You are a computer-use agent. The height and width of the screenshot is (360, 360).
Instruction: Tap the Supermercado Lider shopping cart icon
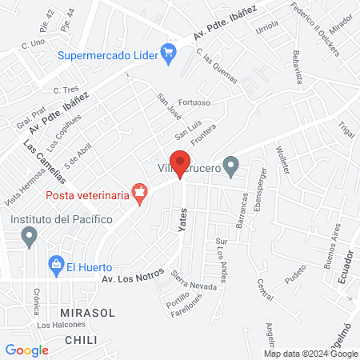click(168, 54)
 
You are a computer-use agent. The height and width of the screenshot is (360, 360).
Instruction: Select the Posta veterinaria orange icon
click(141, 194)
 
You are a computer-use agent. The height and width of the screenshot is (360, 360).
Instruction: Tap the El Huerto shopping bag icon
click(56, 263)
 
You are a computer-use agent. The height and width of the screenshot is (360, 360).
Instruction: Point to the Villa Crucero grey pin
click(231, 167)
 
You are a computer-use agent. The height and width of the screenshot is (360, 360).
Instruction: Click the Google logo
click(27, 350)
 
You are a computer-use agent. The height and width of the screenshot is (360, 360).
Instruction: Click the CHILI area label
click(82, 340)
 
